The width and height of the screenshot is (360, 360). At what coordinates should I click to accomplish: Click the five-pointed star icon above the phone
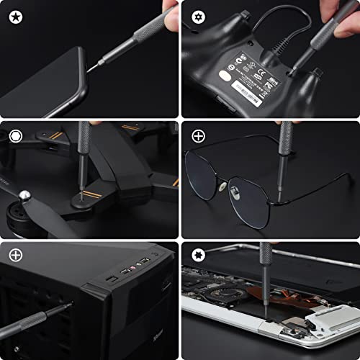pyautogui.click(x=15, y=15)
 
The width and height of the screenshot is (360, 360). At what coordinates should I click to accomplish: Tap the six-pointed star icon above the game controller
pyautogui.click(x=197, y=15)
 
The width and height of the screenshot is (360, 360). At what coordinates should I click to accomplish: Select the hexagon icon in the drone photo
pyautogui.click(x=15, y=135)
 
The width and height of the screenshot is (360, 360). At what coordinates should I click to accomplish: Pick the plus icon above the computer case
pyautogui.click(x=15, y=255)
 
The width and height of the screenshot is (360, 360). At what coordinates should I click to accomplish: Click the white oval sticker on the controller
pyautogui.click(x=226, y=75)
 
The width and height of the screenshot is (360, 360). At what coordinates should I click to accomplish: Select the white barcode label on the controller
pyautogui.click(x=249, y=92)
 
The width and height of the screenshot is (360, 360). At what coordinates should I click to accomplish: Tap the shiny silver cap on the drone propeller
pyautogui.click(x=25, y=195)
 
